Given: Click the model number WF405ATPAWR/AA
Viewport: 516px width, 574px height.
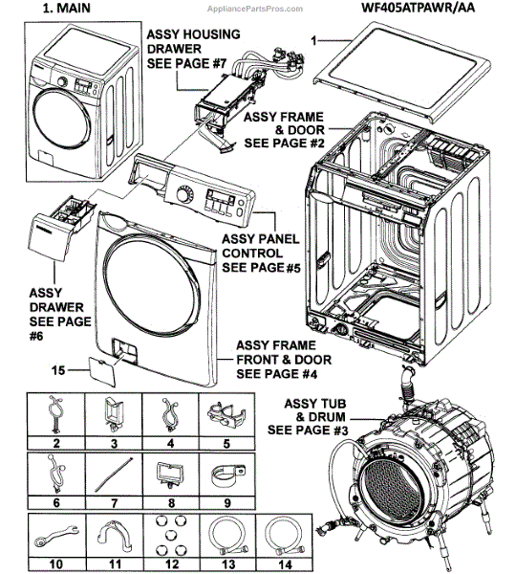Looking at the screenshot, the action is pyautogui.click(x=418, y=8).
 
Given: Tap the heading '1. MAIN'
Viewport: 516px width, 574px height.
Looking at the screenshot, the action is pyautogui.click(x=67, y=8).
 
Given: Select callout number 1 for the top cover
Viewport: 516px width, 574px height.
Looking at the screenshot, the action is pyautogui.click(x=313, y=40).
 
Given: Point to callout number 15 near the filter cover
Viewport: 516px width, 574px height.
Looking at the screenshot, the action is pyautogui.click(x=58, y=370).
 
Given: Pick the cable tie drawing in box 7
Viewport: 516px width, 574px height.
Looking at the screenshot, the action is pyautogui.click(x=114, y=475).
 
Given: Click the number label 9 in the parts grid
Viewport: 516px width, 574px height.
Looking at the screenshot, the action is pyautogui.click(x=227, y=502).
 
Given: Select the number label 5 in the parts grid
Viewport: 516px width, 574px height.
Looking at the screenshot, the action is pyautogui.click(x=226, y=444).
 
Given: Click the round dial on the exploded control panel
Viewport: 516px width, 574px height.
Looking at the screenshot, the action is pyautogui.click(x=183, y=193).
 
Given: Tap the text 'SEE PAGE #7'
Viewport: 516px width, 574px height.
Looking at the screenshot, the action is pyautogui.click(x=186, y=64).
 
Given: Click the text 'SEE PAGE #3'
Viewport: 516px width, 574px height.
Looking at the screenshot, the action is pyautogui.click(x=308, y=430).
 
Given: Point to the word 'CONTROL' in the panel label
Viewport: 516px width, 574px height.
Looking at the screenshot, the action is pyautogui.click(x=252, y=254).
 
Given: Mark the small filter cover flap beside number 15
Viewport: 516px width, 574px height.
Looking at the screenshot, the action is pyautogui.click(x=102, y=372).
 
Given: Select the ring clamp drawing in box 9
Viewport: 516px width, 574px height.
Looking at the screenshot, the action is pyautogui.click(x=227, y=475).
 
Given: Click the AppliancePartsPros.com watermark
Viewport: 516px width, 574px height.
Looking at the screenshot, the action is pyautogui.click(x=255, y=9).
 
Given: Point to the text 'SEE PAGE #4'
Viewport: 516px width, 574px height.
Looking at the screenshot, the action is pyautogui.click(x=276, y=374).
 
